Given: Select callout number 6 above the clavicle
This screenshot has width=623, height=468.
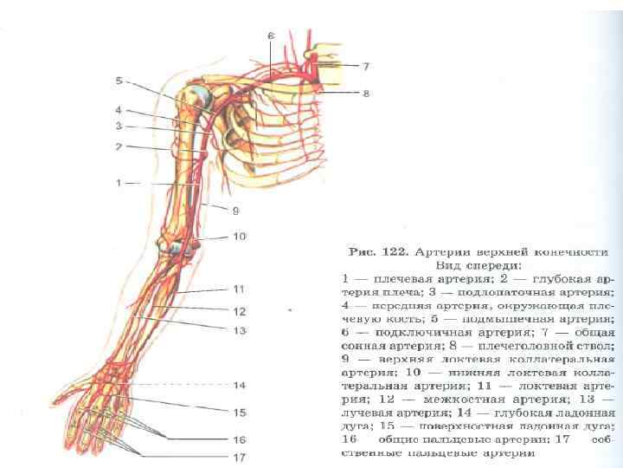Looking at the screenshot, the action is click(270, 36).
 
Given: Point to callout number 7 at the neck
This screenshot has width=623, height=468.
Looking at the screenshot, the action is click(366, 66).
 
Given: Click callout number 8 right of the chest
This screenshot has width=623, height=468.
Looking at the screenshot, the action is click(366, 92).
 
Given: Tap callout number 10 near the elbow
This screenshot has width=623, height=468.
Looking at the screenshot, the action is click(240, 236).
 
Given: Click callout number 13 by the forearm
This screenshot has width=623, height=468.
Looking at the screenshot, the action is click(240, 330).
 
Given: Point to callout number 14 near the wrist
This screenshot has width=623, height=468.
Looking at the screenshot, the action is click(240, 385).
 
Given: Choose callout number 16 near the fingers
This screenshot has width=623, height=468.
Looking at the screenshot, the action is click(240, 439).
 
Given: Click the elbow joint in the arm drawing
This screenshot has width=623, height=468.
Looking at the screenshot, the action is click(178, 244).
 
